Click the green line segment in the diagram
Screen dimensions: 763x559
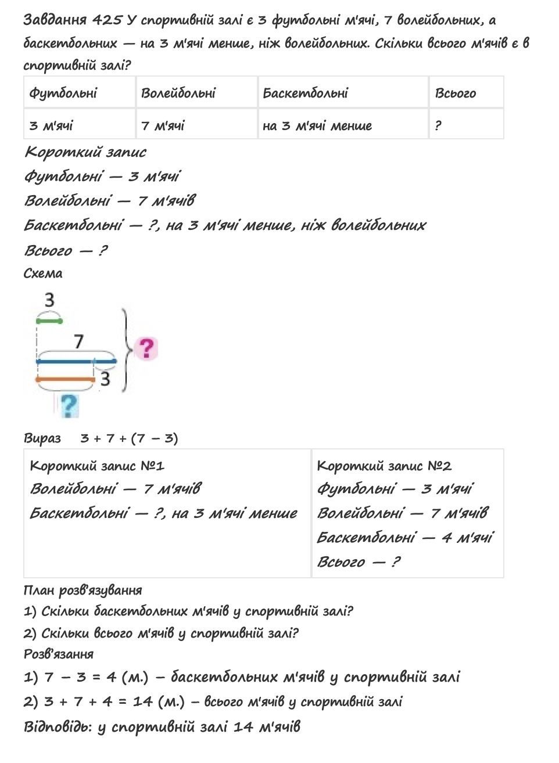49,320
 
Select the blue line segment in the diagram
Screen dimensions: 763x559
76,361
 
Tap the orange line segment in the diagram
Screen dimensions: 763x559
65,380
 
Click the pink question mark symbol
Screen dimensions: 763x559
146,348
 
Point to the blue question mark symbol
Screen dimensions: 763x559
69,405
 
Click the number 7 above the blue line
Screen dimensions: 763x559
78,341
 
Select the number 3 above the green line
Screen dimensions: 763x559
49,300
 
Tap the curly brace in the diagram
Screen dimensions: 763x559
125,350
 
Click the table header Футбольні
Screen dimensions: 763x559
63,93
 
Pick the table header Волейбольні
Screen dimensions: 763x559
178,93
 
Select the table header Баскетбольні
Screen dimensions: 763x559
306,93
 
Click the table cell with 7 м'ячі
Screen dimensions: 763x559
163,125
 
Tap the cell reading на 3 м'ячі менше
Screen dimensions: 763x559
317,125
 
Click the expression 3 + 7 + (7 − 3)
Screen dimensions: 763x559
129,438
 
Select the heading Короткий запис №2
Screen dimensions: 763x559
385,466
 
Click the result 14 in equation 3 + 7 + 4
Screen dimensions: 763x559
143,701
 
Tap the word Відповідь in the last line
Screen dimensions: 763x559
56,726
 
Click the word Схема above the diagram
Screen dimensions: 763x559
43,273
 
